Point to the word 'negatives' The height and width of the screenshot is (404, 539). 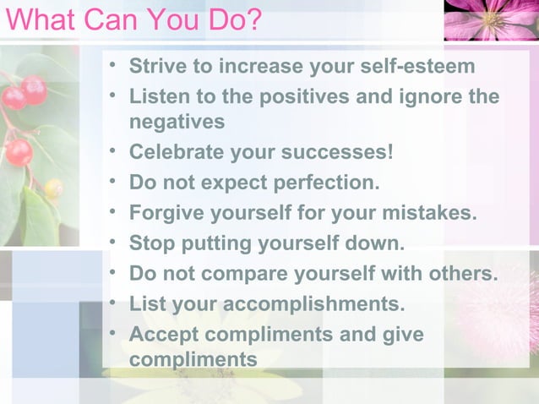[x=177, y=122]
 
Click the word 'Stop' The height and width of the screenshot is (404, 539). [x=150, y=244]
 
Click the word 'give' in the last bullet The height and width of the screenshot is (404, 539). [x=403, y=335]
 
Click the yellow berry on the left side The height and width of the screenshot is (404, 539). [x=52, y=188]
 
